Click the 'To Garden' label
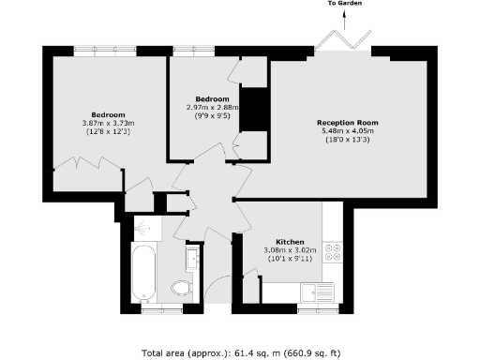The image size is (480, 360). (345, 5)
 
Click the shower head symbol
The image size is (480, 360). (143, 228)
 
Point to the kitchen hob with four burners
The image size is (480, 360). (332, 252)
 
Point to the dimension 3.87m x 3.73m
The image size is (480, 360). (109, 124)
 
